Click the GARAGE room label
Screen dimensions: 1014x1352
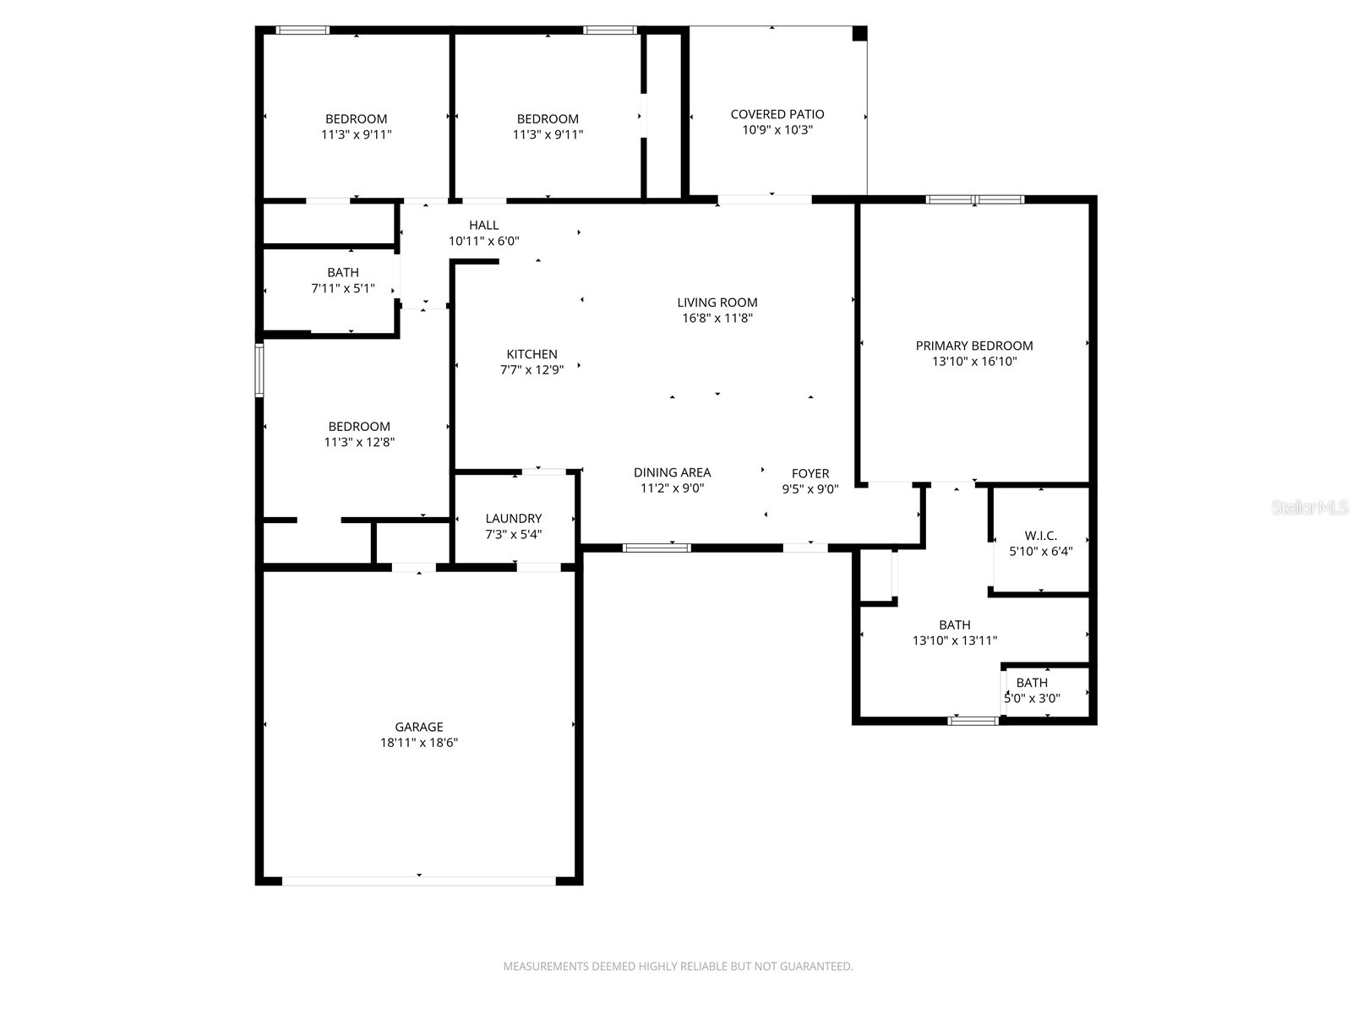point(418,727)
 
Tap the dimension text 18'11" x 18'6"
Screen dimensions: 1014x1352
point(418,743)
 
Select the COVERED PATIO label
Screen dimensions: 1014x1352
point(777,114)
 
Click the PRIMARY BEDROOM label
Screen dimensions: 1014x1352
point(973,346)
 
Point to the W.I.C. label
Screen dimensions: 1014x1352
point(1040,536)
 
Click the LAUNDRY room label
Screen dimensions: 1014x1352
point(513,518)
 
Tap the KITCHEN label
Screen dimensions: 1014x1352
point(532,354)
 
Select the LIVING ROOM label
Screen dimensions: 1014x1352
point(717,303)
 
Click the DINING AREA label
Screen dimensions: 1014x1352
point(672,472)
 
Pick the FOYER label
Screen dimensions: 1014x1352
point(810,473)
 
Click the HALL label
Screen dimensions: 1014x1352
point(483,225)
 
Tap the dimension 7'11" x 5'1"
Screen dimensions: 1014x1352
point(342,288)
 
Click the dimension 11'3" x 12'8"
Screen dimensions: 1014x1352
point(359,442)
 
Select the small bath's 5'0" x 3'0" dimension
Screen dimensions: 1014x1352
point(1032,698)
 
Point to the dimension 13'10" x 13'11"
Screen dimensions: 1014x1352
point(954,641)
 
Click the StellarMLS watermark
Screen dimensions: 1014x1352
point(1310,508)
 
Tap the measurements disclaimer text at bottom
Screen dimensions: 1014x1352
point(678,966)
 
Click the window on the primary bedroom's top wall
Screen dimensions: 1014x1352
point(974,200)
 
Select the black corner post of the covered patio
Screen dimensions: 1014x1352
point(859,33)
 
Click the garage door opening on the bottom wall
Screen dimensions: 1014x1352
point(418,880)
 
